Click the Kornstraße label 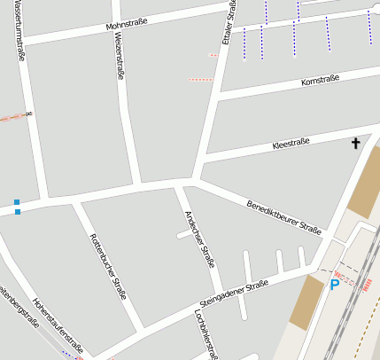(319, 82)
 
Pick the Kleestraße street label (291, 142)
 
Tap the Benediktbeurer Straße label (283, 214)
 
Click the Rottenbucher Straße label (106, 265)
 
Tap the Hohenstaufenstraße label (57, 325)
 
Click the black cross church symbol (357, 143)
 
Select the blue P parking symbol (334, 285)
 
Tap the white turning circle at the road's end (374, 15)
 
